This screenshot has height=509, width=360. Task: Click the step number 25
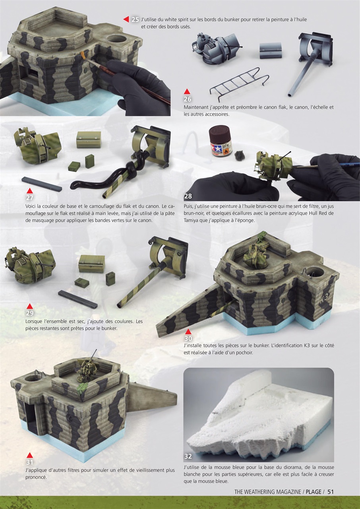(135, 19)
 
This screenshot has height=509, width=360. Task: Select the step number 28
(188, 196)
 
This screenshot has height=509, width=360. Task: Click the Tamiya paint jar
(220, 141)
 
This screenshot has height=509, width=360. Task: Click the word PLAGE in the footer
(314, 492)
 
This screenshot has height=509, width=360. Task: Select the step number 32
(188, 457)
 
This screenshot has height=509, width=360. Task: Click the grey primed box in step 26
(270, 51)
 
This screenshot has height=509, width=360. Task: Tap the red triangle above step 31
(29, 455)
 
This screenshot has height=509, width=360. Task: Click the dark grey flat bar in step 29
(77, 299)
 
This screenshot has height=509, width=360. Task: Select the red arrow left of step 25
(126, 19)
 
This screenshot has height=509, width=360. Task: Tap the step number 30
(188, 338)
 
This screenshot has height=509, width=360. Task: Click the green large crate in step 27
(89, 140)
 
